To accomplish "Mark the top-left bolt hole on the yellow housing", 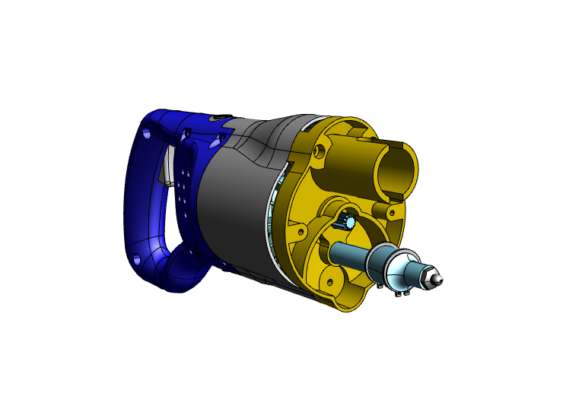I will click(319, 152).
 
